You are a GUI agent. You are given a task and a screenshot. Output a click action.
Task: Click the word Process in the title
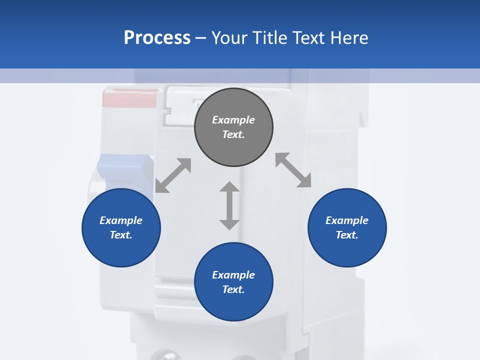(x=157, y=38)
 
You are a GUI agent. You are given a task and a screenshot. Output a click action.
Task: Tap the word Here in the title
(x=349, y=38)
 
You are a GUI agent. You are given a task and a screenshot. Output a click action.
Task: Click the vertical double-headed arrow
(x=229, y=205)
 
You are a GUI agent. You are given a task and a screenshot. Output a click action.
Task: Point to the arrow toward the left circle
(x=173, y=175)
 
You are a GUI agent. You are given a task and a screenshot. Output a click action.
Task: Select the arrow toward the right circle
(x=293, y=170)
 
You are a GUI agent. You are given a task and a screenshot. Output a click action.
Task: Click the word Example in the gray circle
(x=233, y=120)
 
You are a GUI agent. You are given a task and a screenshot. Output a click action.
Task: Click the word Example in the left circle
(x=121, y=220)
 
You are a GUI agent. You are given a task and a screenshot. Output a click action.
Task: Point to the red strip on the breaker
(x=129, y=98)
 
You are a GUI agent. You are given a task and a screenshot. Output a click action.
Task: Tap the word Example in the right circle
(x=347, y=220)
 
